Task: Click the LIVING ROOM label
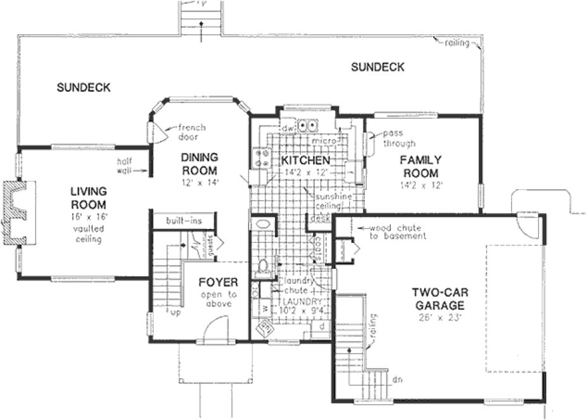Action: (x=88, y=197)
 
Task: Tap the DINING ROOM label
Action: (x=199, y=164)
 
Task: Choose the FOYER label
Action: (x=217, y=282)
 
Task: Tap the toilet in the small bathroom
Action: (x=264, y=266)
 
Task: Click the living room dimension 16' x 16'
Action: (x=88, y=217)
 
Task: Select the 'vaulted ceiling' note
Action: (x=88, y=234)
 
